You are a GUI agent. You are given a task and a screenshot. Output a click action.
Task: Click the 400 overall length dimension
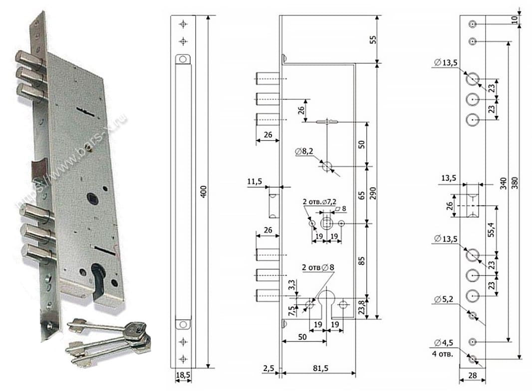[203, 191]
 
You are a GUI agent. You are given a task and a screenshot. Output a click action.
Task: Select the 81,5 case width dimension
[319, 368]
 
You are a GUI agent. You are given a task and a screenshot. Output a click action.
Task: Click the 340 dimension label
[503, 183]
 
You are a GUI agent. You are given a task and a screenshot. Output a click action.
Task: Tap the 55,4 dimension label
[492, 229]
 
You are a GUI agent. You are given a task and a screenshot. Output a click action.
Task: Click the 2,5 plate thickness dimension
[269, 369]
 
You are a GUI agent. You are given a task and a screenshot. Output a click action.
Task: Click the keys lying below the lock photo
[110, 340]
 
